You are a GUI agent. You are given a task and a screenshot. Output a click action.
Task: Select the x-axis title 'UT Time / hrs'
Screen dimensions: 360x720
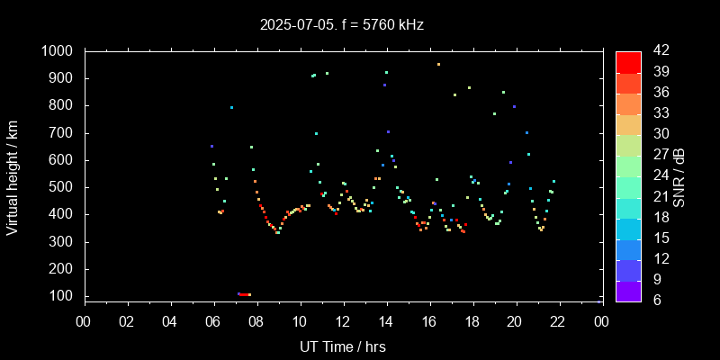343,346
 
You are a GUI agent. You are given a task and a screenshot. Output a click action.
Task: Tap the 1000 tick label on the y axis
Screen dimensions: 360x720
58,51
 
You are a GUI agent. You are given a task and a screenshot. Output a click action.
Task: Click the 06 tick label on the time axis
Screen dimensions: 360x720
213,321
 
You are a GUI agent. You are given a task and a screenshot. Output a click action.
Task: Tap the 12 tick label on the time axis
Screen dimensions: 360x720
343,321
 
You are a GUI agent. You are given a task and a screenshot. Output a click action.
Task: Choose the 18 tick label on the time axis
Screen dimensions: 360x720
472,321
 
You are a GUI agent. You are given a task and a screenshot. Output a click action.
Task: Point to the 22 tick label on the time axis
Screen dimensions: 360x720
559,321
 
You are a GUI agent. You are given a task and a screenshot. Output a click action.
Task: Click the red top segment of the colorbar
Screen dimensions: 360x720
628,61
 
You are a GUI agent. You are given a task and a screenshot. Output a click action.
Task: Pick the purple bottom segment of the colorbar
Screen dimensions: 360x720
628,290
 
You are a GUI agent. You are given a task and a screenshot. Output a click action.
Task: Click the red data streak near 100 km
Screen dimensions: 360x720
244,294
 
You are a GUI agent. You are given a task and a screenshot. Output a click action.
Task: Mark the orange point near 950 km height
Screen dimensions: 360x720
438,65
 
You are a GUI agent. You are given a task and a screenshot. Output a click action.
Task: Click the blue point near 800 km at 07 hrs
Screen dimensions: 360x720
231,107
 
